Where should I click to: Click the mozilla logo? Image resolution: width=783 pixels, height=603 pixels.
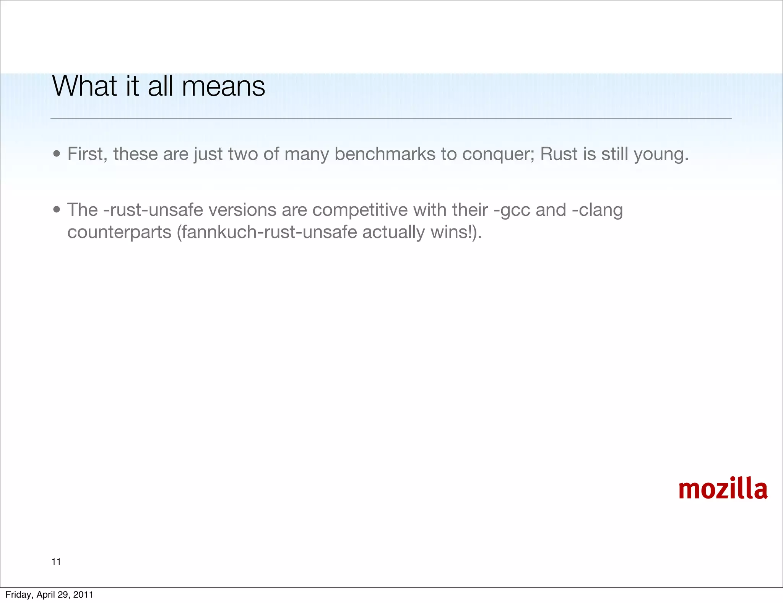tap(723, 489)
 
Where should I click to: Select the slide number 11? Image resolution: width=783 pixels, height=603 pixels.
tap(56, 562)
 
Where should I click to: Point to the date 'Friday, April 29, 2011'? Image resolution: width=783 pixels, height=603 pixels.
tap(49, 595)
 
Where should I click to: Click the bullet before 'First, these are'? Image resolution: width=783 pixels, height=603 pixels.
tap(57, 154)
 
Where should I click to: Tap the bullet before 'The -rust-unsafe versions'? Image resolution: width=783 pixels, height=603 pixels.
tap(57, 210)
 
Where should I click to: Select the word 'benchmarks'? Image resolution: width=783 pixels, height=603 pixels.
tap(385, 154)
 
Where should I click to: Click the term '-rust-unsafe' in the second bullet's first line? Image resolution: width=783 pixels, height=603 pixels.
tap(153, 210)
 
